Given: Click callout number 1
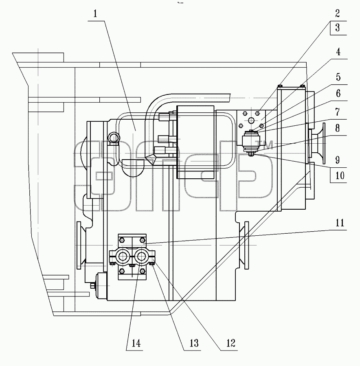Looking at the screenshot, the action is (95, 14).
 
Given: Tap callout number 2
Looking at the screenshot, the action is (337, 13).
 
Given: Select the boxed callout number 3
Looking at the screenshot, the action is (337, 28).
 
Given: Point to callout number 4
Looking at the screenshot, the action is (338, 52).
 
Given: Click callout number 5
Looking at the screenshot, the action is (338, 77).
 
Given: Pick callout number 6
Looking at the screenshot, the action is (338, 93).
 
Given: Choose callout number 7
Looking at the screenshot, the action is (338, 112).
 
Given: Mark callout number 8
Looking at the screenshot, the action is (338, 128).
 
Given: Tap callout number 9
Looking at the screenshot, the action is (338, 160).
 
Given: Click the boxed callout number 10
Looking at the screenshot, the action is (340, 175).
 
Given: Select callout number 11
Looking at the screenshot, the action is (340, 223).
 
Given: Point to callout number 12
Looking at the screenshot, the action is (230, 343).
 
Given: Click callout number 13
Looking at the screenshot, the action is (194, 343).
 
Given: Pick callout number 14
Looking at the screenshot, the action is (136, 343).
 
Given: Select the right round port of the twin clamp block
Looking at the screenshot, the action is (141, 256).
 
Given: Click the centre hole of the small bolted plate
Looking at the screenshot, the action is (251, 121).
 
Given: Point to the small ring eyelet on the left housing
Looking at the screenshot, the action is (114, 137).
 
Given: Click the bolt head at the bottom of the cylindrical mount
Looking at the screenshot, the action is (251, 154).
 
